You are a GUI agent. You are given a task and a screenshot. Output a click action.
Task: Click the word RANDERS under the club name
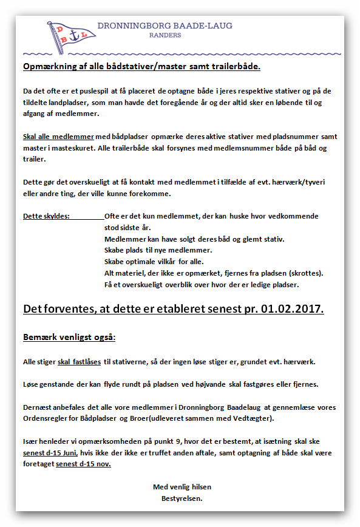tap(165, 36)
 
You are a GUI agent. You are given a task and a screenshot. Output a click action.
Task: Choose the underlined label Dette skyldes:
tap(47, 216)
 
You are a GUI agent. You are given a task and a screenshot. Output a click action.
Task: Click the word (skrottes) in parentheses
tap(304, 273)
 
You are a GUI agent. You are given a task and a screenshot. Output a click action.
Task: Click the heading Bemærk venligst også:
tap(69, 337)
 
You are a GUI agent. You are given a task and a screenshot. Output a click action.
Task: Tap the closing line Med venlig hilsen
tap(182, 487)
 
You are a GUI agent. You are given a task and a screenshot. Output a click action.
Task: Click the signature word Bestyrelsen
tap(182, 498)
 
